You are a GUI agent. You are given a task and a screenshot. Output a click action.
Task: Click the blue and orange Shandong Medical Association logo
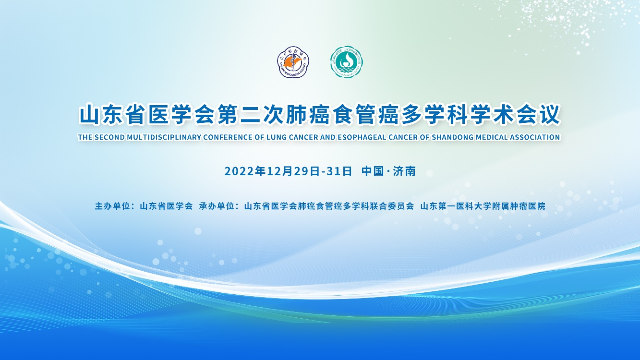tap(293, 62)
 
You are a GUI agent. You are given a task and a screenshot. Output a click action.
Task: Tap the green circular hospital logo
tap(347, 62)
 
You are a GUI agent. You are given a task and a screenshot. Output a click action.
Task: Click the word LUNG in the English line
tap(277, 137)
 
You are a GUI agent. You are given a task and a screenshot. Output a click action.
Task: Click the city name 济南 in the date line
tap(404, 171)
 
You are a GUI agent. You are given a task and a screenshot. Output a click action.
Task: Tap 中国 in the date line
tap(373, 171)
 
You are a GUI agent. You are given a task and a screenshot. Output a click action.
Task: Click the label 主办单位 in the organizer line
tap(112, 206)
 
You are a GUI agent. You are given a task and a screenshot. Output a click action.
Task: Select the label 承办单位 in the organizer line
tap(217, 206)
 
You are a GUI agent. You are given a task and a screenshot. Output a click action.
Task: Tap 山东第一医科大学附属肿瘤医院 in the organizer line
tap(483, 206)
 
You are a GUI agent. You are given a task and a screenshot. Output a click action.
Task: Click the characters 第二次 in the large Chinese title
tap(251, 115)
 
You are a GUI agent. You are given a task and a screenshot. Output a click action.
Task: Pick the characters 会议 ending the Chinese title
tap(538, 115)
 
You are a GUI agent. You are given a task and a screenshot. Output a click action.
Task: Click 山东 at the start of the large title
tap(101, 115)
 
